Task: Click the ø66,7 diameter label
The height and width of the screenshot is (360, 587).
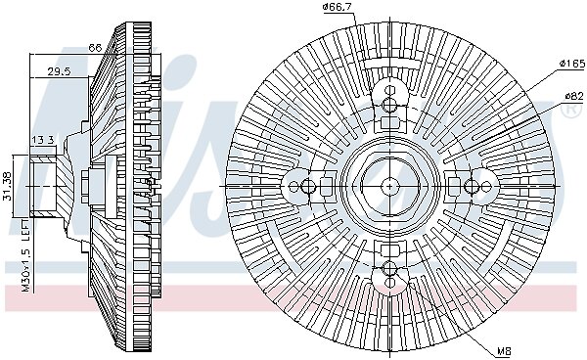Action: pos(337,7)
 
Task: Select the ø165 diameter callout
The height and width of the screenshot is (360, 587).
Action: pos(572,64)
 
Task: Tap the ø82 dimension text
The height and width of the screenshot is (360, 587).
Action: pos(574,97)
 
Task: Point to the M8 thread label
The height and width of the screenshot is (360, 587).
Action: pos(504,351)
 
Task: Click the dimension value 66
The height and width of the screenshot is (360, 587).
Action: pos(95,48)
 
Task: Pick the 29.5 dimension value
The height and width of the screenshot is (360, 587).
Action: pos(59,71)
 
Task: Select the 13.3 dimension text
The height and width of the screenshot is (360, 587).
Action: pos(43,140)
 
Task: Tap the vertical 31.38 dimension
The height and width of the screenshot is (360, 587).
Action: pos(8,186)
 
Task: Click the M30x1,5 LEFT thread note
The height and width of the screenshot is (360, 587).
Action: pos(26,255)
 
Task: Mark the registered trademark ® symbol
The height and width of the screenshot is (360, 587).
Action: pos(567,110)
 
